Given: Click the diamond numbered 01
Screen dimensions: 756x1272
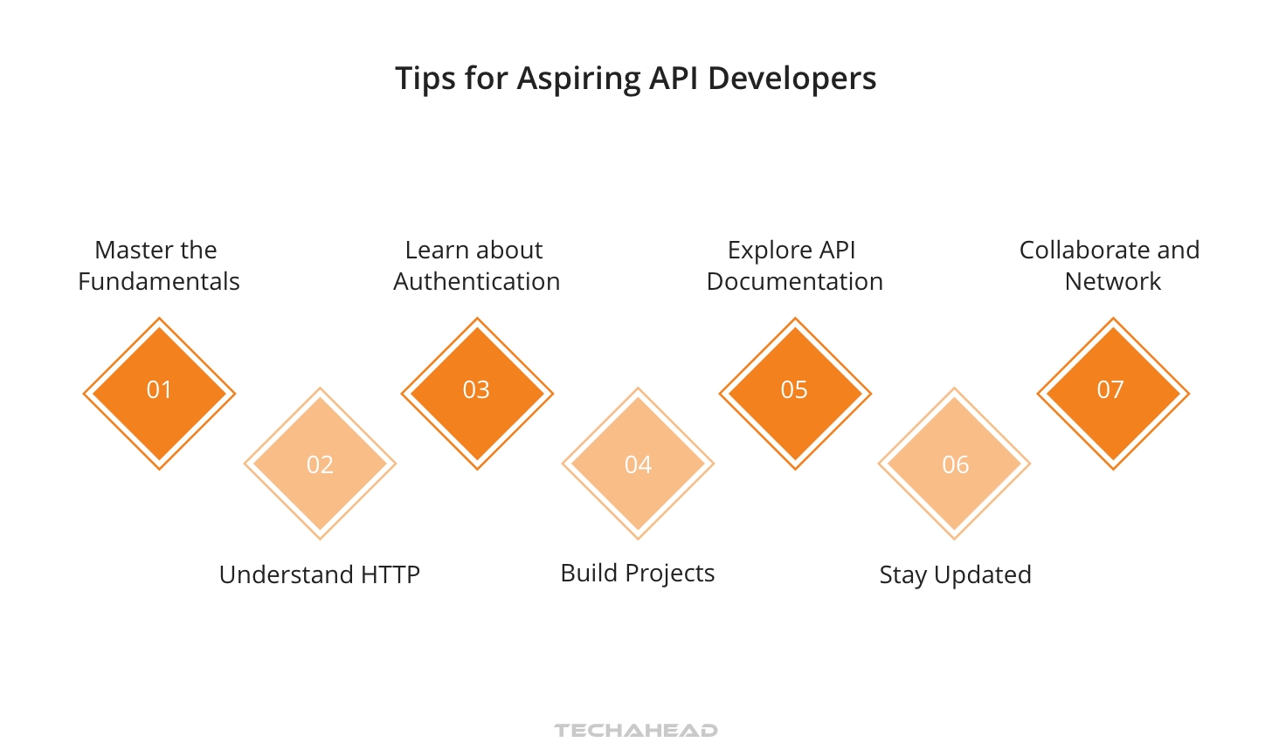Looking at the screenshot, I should click(x=159, y=393).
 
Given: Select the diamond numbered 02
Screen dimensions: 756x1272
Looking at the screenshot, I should click(x=320, y=464).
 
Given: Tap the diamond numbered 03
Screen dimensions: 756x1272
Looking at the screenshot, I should click(x=477, y=393).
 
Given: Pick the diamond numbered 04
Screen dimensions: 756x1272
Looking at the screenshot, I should click(x=638, y=464).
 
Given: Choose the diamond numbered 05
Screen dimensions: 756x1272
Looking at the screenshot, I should click(x=795, y=393).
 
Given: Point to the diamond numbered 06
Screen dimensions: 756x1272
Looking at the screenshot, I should click(x=955, y=464).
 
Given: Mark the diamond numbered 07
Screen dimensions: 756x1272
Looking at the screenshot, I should click(x=1113, y=393).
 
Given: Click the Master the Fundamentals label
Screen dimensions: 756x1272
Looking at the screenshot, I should click(x=158, y=265).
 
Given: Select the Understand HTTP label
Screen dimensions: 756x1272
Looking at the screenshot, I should click(x=320, y=574).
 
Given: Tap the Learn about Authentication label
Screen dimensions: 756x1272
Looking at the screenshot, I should click(x=476, y=265).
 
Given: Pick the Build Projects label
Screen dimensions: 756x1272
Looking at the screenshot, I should click(x=638, y=573).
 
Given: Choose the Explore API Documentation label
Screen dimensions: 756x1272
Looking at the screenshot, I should click(x=794, y=265).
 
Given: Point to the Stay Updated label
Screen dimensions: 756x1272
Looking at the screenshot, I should click(x=955, y=574).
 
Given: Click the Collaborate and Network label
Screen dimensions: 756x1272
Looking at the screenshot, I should click(x=1110, y=265).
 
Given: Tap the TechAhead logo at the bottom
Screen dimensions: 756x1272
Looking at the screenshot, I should click(x=636, y=730).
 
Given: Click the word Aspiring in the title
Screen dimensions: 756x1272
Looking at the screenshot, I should click(x=578, y=79).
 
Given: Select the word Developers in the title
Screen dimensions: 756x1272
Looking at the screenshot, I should click(x=792, y=79).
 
